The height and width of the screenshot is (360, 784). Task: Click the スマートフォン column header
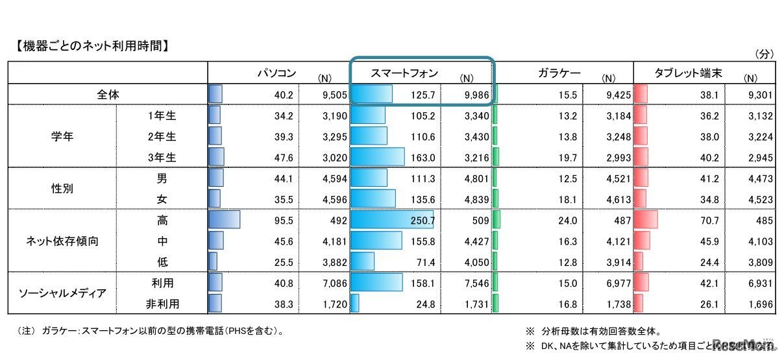[404, 73]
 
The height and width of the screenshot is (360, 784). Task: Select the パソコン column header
[277, 73]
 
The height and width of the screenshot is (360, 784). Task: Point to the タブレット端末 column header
[688, 73]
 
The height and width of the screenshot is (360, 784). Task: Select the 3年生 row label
[162, 157]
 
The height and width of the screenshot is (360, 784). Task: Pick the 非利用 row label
[162, 303]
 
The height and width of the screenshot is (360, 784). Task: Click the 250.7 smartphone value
[422, 221]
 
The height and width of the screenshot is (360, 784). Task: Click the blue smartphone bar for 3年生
[377, 157]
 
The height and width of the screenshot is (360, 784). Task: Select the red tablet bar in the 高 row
[645, 220]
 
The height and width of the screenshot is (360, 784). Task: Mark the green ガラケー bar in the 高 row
[496, 220]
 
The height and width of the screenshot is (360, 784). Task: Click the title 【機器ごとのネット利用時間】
[91, 46]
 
